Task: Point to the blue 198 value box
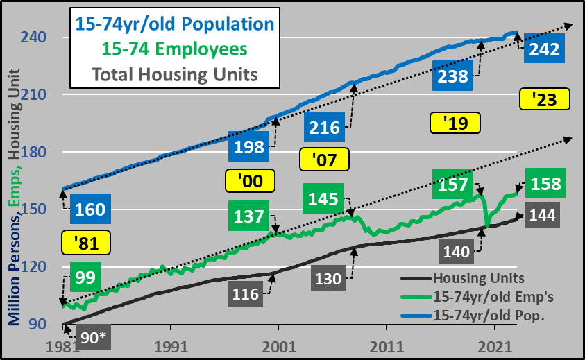tap(250, 147)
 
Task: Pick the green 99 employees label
tap(85, 277)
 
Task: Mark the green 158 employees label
tap(546, 185)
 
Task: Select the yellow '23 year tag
tap(544, 100)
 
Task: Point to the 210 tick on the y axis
tap(35, 94)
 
